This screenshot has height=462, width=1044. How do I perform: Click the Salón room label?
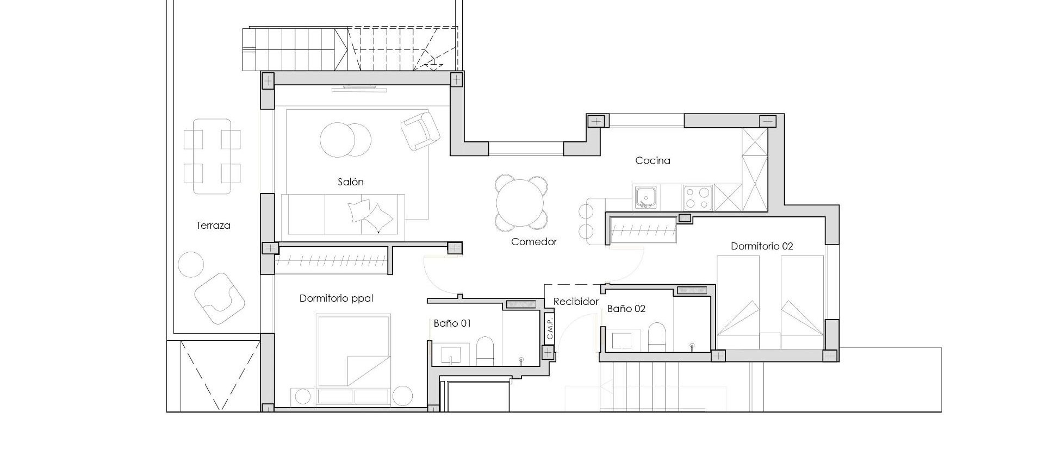(x=350, y=182)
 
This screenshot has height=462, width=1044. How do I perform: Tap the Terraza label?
(x=213, y=226)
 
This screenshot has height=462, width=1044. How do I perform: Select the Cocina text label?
(x=652, y=160)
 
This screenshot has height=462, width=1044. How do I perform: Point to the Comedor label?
(x=533, y=242)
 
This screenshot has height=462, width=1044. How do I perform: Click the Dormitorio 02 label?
(x=761, y=246)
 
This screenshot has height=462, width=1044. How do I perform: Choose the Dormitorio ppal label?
(x=336, y=298)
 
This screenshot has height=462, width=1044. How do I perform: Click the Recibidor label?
(x=576, y=302)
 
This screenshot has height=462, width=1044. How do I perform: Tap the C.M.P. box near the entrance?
(x=549, y=328)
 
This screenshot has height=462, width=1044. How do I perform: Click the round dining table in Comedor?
(x=520, y=203)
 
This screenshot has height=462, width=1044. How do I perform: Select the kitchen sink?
(x=645, y=197)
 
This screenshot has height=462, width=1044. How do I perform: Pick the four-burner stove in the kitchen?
(x=698, y=197)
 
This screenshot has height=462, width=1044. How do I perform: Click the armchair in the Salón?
(x=420, y=130)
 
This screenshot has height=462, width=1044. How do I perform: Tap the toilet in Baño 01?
(x=484, y=351)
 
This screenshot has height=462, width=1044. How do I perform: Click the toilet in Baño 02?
(x=656, y=337)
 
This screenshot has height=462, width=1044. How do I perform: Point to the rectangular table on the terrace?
(x=212, y=156)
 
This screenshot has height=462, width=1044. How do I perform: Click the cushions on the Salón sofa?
(x=370, y=215)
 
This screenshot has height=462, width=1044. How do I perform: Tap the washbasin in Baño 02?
(x=622, y=340)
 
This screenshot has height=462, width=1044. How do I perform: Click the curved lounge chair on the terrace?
(x=220, y=298)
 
